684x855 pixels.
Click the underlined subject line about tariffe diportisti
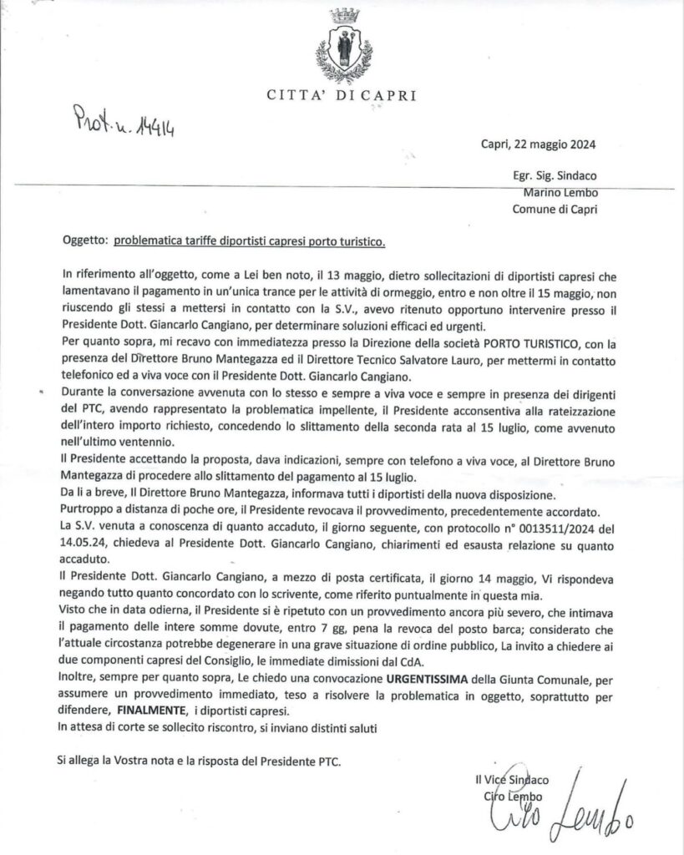click(251, 242)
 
